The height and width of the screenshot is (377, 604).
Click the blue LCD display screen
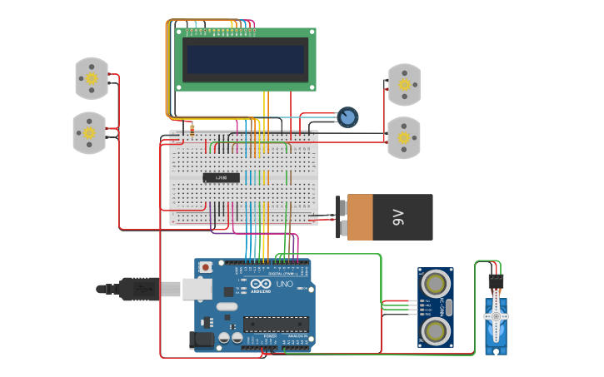click(245, 59)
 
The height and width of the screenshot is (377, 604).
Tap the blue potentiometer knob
click(347, 117)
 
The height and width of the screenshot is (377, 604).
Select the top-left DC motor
click(92, 78)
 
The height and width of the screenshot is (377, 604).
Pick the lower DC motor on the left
click(89, 133)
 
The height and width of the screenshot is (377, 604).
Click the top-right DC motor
click(404, 85)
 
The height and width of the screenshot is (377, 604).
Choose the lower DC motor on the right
click(404, 138)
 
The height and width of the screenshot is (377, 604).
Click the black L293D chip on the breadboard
click(222, 177)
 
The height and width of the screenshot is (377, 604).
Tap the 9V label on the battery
click(399, 218)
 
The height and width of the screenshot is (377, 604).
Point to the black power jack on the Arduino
click(202, 339)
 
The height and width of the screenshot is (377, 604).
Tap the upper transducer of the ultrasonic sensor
click(434, 285)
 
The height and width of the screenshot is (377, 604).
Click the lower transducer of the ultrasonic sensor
click(434, 331)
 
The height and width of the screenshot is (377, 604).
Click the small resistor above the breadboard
click(192, 130)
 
